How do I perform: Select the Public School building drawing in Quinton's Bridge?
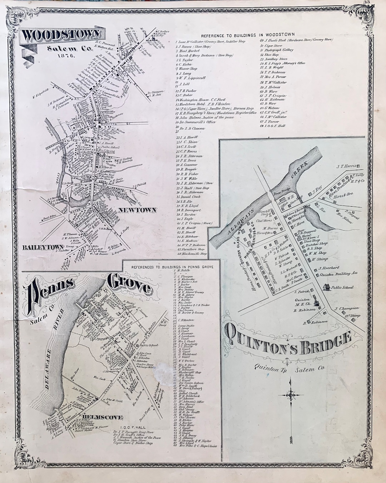[325, 287]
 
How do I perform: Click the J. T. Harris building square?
[358, 166]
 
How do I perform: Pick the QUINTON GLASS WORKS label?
[241, 247]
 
